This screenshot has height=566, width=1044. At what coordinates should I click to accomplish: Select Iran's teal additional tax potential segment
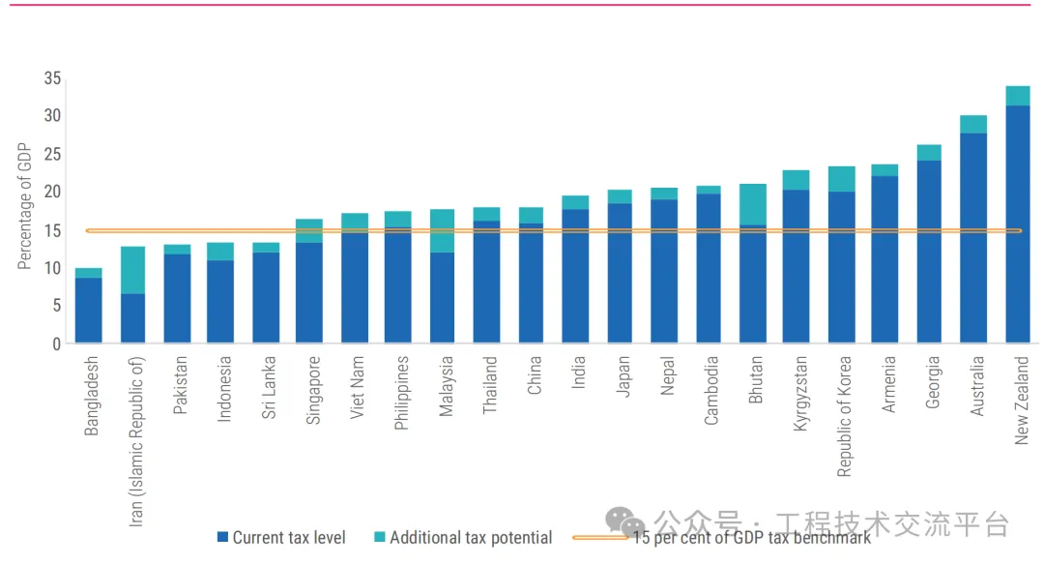click(132, 270)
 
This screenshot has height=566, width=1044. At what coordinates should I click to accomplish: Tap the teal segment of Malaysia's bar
click(442, 230)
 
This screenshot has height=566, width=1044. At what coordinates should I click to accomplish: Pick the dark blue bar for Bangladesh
click(89, 311)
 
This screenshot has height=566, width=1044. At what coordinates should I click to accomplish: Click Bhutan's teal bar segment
click(751, 204)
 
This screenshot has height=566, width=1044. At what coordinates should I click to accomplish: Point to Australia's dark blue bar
click(973, 238)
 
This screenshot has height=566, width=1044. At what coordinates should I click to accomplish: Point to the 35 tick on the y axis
click(52, 78)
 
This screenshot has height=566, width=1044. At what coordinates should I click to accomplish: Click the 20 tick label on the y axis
click(52, 192)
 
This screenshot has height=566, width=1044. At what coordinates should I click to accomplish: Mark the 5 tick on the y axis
click(56, 306)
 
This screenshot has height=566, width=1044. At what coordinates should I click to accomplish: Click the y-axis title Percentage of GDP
click(25, 206)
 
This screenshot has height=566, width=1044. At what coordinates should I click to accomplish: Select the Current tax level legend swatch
click(222, 537)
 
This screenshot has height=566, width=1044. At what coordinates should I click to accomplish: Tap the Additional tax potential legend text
click(471, 538)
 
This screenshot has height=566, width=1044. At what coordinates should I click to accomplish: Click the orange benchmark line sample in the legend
click(599, 537)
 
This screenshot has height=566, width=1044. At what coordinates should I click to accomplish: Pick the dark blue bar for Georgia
click(929, 252)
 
